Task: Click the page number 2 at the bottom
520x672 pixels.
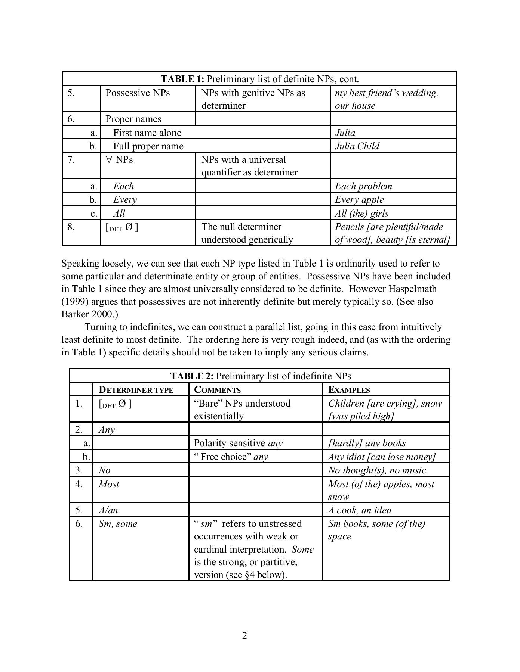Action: click(244, 635)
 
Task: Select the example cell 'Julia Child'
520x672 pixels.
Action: click(357, 146)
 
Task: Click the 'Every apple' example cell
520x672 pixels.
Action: click(359, 200)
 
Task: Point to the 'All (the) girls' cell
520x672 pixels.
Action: click(361, 214)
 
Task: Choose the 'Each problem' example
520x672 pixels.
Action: click(363, 186)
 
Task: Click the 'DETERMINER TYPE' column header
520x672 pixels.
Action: click(136, 390)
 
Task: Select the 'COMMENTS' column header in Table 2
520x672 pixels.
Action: click(217, 390)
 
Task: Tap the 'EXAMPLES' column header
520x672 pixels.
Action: click(349, 390)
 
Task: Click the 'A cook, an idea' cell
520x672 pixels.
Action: click(360, 510)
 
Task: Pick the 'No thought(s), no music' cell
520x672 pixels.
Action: click(377, 470)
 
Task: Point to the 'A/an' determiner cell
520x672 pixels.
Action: click(108, 510)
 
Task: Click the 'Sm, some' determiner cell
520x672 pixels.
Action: click(118, 524)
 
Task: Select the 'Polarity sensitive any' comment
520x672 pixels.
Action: click(238, 443)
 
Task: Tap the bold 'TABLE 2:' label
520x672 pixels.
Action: click(192, 376)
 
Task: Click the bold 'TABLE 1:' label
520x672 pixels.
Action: click(182, 79)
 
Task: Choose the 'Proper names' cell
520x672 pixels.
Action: click(133, 119)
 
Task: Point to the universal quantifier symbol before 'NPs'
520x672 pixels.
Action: click(109, 160)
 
